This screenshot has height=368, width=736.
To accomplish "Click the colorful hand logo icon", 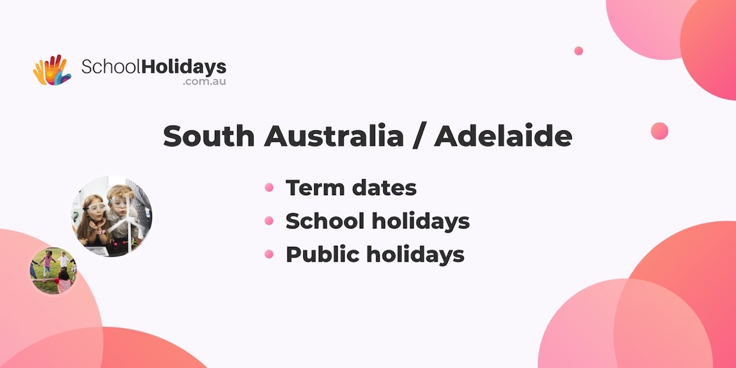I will tap(51, 70).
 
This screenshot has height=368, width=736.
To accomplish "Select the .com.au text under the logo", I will tap(204, 82).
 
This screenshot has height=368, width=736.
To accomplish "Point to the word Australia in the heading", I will tap(334, 136).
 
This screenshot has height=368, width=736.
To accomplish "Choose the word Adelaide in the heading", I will tap(503, 136).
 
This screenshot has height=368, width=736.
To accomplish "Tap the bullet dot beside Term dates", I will tap(269, 188).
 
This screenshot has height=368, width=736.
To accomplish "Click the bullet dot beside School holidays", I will tap(269, 221).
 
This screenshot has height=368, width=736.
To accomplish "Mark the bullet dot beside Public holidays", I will tap(269, 254).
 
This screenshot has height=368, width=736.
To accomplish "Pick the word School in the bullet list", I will tap(324, 221).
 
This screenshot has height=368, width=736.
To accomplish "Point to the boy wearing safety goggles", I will tap(120, 207).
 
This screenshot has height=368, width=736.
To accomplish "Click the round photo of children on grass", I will tap(53, 270).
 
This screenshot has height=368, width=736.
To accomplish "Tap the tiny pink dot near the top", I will tap(578, 51).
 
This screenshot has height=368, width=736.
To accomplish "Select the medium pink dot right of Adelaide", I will tap(659, 131).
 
